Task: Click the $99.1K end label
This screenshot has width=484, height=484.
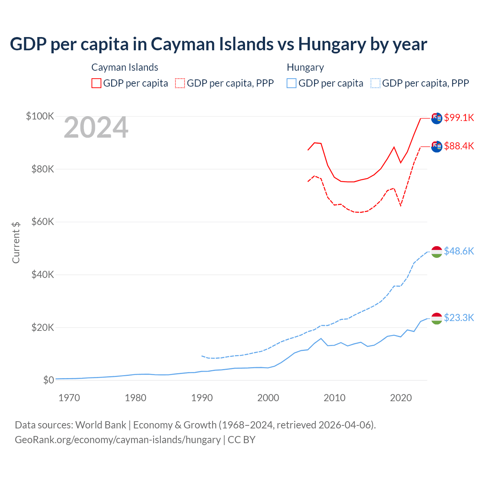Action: pos(459,118)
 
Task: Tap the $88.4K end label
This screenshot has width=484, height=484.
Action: pos(459,146)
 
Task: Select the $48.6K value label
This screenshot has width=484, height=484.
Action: pos(459,251)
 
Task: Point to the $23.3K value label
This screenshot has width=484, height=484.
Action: pos(459,318)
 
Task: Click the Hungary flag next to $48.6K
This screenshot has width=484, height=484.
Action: pos(437,252)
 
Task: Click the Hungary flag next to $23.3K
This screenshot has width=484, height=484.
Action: pos(437,318)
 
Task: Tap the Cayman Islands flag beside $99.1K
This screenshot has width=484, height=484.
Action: pos(437,118)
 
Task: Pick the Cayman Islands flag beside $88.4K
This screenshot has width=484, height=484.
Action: pos(437,147)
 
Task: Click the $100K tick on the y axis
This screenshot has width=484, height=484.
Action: pos(40,116)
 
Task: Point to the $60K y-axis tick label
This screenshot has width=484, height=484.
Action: pos(43,222)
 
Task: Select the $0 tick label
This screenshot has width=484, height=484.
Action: pos(48,380)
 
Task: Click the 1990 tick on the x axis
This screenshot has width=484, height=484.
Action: pos(202,398)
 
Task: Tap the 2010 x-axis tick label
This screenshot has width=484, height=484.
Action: pos(335,398)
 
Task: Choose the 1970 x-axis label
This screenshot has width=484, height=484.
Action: pos(69,398)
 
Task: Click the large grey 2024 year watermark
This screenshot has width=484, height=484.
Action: pos(96,128)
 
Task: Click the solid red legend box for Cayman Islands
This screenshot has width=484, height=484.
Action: pos(96,83)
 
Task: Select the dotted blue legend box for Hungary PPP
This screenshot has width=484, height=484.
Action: pos(375,83)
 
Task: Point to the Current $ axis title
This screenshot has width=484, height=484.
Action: pos(16,243)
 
